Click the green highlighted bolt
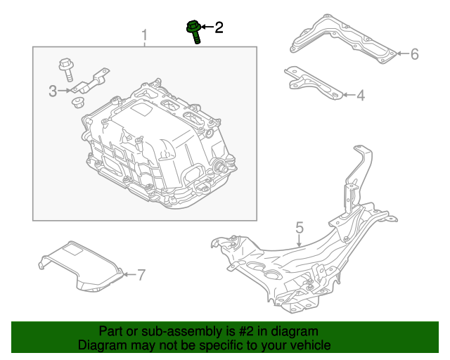[x=194, y=32]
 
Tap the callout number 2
[x=219, y=27]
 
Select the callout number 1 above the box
[x=145, y=35]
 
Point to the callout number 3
[x=53, y=91]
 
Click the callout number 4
[x=361, y=96]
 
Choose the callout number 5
[x=300, y=227]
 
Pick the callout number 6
[x=415, y=54]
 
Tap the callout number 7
[x=141, y=275]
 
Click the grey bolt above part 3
[x=67, y=70]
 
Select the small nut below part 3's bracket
[x=77, y=103]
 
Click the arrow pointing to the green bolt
[x=207, y=27]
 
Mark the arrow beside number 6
[x=402, y=53]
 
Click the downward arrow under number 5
[x=299, y=240]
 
